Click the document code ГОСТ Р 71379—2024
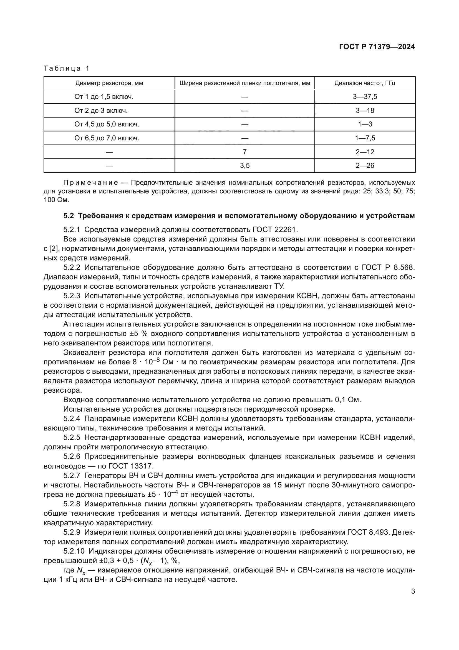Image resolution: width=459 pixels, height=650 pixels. [377, 47]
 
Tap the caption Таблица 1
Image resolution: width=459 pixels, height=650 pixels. [66, 68]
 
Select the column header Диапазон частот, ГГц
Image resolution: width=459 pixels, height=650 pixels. [365, 83]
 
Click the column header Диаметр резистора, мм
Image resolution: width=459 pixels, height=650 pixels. [109, 83]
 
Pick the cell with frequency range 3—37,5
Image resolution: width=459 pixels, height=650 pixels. [365, 97]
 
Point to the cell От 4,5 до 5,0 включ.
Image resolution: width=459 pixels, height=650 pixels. [107, 124]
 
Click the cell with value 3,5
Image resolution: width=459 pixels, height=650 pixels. [244, 166]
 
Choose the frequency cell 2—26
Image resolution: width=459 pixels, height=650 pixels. [365, 166]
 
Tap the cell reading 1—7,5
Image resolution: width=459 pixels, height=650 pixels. [365, 138]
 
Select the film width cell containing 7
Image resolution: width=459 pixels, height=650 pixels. [244, 152]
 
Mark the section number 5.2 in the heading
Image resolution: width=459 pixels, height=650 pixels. [68, 216]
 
